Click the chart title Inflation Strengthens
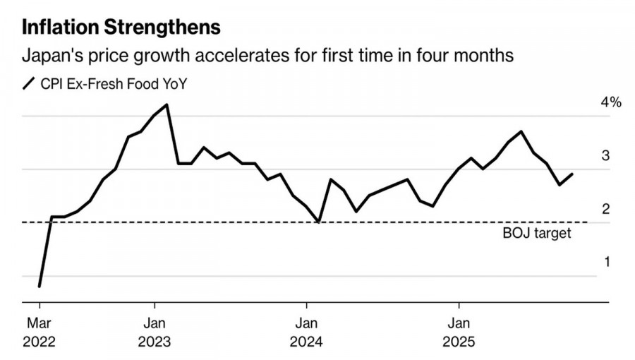coord(121,28)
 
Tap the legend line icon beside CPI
coord(29,85)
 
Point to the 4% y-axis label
coord(611,103)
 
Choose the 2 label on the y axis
coord(605,210)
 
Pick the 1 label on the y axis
coord(605,263)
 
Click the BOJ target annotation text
coord(537,233)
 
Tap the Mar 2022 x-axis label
coord(39,333)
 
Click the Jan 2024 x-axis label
coord(306,333)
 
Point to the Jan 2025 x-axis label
coord(459,333)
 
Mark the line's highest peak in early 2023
coord(167,104)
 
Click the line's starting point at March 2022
coord(39,286)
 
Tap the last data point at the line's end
coord(572,174)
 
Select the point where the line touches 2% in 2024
coord(319,222)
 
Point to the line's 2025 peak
coord(521,131)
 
